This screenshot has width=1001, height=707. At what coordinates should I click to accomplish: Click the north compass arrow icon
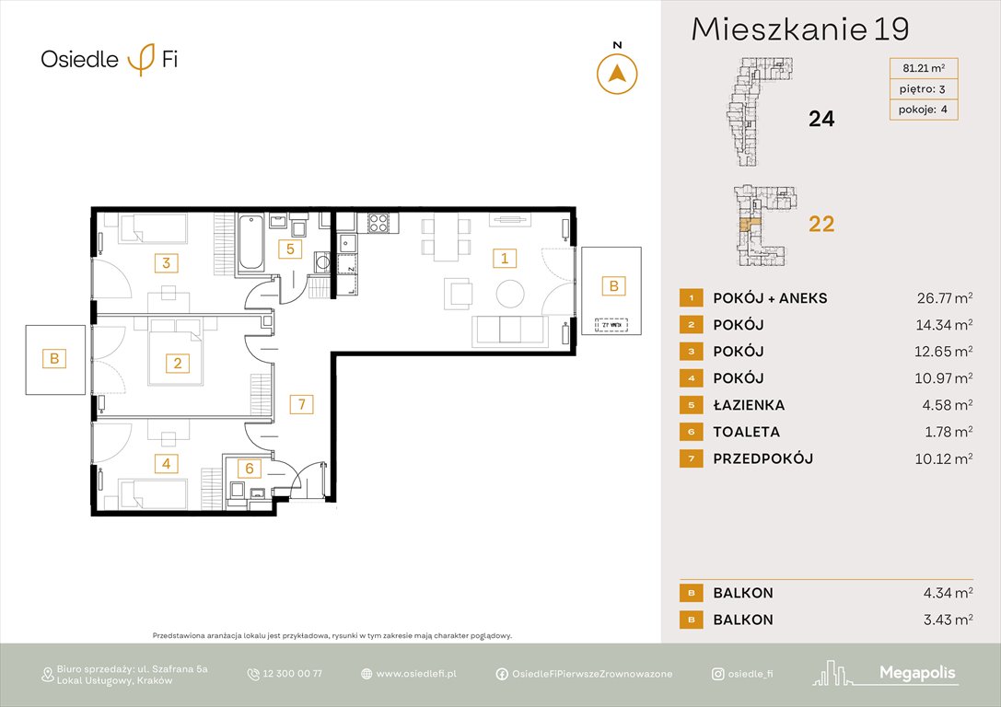[617, 74]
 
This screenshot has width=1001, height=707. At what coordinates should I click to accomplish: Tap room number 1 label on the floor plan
[504, 258]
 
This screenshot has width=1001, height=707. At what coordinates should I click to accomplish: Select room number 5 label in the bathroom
[289, 249]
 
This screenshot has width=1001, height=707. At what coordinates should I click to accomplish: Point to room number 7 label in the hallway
[300, 403]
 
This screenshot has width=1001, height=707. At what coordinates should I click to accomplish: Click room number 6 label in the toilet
[249, 469]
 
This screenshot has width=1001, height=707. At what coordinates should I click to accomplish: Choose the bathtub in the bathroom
[251, 243]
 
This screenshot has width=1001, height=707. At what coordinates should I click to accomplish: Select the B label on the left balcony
[54, 359]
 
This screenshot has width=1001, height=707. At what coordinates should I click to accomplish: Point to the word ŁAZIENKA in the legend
[748, 405]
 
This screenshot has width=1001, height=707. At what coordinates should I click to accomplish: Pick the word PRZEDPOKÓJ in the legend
[762, 458]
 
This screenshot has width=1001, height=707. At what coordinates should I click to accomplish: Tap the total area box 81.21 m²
[923, 66]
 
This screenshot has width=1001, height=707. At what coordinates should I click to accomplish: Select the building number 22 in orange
[821, 223]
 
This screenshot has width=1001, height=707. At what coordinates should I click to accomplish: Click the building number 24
[821, 118]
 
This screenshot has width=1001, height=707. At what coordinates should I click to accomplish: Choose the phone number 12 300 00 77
[292, 674]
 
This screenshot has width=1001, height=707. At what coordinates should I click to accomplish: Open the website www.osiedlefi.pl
[416, 674]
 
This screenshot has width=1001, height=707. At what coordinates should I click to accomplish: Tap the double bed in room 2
[175, 351]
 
